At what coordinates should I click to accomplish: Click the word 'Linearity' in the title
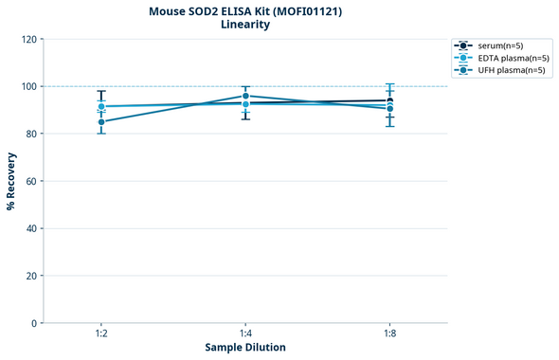click(244, 25)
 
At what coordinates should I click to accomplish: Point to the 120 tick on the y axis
click(28, 39)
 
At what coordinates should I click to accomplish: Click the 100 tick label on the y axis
click(28, 86)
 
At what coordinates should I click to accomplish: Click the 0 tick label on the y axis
click(34, 323)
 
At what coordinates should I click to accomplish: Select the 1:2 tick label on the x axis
click(101, 334)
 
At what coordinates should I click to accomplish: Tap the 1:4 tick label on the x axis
click(245, 334)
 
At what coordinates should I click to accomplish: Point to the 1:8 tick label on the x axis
click(389, 334)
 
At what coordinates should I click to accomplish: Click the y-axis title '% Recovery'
click(11, 181)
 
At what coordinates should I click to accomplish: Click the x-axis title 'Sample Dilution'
click(245, 348)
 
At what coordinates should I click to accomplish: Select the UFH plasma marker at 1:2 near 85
click(101, 121)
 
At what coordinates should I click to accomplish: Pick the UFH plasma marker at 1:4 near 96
click(245, 96)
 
